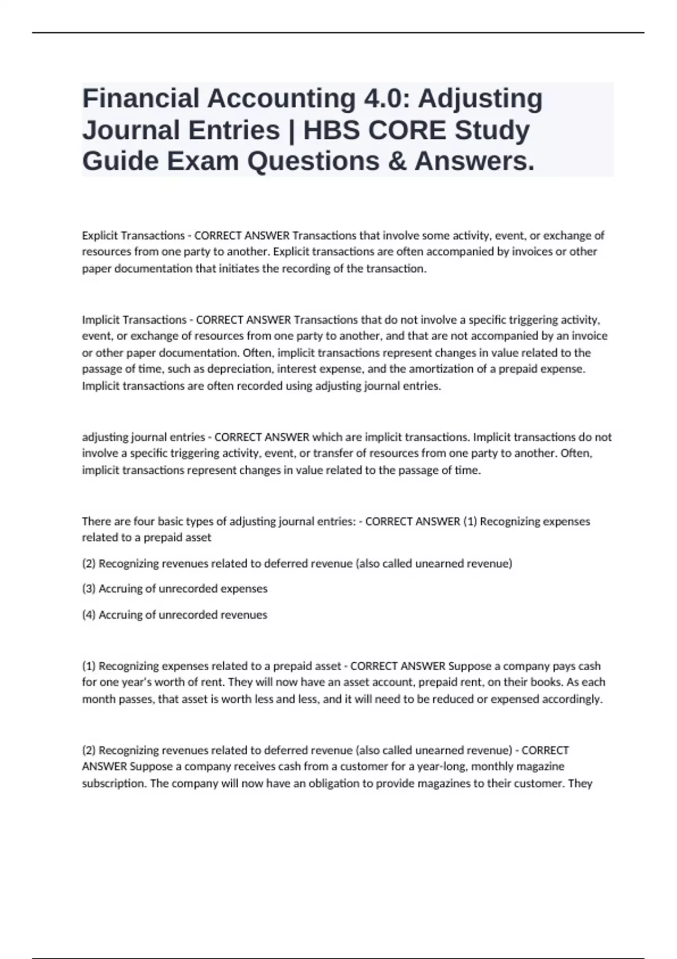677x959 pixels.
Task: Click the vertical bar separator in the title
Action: (x=292, y=130)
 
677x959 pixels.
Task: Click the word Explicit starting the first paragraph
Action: (x=99, y=235)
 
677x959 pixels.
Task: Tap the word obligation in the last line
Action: (x=319, y=784)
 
